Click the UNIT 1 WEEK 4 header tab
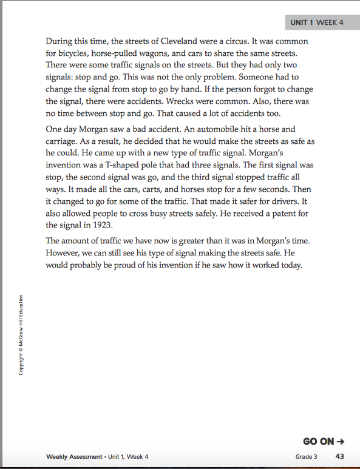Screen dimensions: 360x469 [x=317, y=22]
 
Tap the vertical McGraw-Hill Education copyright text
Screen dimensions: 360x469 [x=22, y=334]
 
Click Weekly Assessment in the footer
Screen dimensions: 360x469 [x=74, y=457]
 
